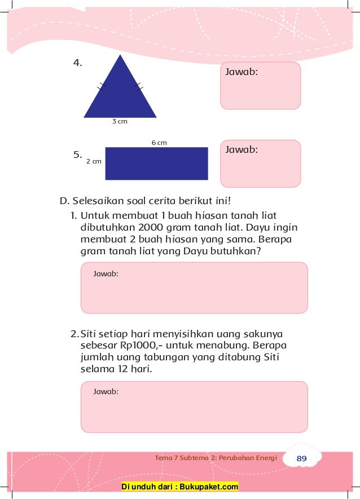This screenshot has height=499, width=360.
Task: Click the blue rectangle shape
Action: pos(156,164)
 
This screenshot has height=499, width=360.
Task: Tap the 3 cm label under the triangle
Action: pos(119,122)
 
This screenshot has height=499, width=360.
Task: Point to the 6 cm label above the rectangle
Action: pos(159,143)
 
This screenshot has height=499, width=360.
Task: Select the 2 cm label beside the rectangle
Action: pos(94,161)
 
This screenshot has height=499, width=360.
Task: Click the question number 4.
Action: pos(78,63)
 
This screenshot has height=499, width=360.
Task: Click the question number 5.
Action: pos(78,154)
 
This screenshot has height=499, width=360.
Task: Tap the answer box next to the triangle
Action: pos(260,86)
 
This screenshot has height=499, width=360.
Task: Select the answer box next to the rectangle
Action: pos(260,164)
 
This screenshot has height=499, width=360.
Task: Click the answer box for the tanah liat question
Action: pos(194,288)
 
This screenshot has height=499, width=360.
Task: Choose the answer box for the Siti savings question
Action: pos(194,407)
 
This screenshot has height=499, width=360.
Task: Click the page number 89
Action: pos(301,459)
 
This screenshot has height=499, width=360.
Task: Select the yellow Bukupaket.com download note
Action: pos(181,487)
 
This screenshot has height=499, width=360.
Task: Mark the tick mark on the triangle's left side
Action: pos(102,86)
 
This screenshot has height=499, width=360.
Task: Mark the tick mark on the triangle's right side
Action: pos(139,86)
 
